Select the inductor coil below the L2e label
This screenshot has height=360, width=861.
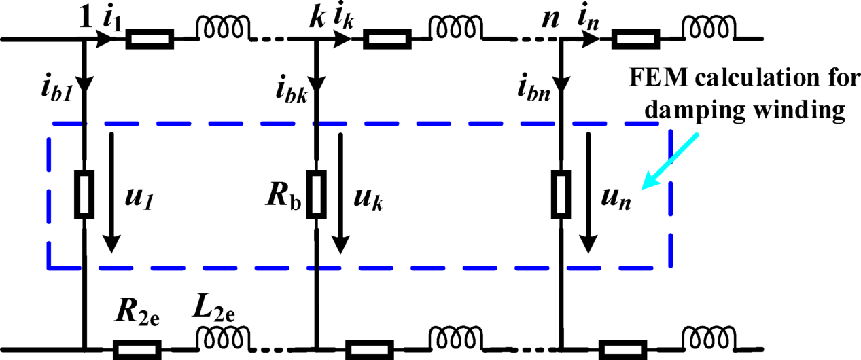(x=224, y=338)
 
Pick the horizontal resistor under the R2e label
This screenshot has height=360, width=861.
(x=137, y=350)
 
